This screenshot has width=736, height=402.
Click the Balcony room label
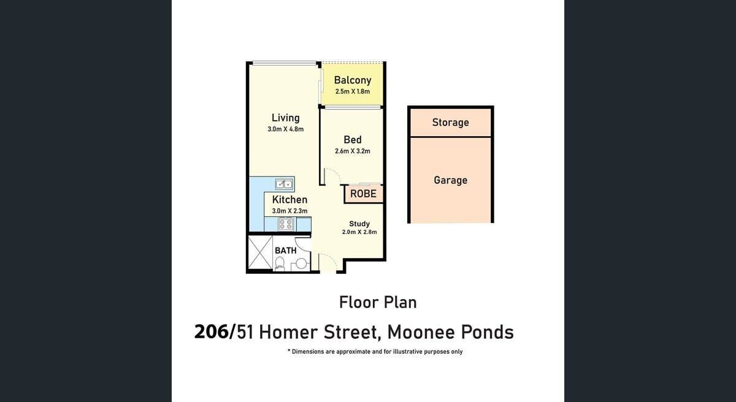point(353,80)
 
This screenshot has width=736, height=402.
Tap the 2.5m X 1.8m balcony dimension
point(353,91)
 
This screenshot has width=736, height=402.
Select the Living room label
point(286,118)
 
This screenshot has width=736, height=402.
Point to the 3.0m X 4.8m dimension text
point(286,129)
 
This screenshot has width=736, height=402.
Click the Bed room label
point(353,140)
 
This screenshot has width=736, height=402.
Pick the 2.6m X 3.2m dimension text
point(353,151)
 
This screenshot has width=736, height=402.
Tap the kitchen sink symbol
point(284,184)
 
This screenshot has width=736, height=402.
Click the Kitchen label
point(289,200)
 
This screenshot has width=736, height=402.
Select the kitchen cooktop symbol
point(286,224)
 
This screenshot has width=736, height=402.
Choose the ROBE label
point(363,194)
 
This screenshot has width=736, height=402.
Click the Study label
point(359,224)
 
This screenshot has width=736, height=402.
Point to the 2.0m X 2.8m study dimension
point(359,232)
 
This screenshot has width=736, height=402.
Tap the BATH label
point(286,251)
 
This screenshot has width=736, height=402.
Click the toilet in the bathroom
point(279,264)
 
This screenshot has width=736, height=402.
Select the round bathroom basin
point(301,264)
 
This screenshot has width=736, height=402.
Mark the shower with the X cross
point(260,252)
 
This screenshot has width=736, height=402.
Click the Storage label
point(450,123)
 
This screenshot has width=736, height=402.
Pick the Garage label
point(450,180)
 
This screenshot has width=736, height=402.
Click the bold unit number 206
point(211,332)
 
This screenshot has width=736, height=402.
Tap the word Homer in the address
point(288,332)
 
